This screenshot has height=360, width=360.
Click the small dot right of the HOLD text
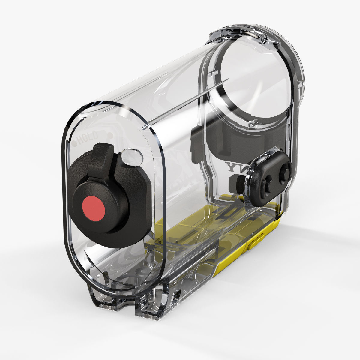(x=110, y=136)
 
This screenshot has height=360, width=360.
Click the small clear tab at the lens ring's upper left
(x=212, y=73)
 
